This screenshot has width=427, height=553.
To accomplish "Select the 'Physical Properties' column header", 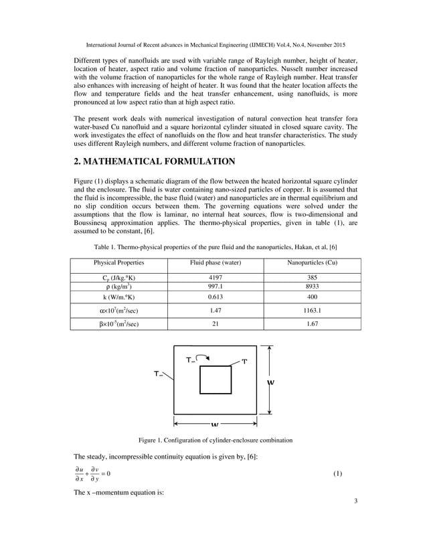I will (118, 262).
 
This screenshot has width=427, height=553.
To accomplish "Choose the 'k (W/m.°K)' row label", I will (118, 297).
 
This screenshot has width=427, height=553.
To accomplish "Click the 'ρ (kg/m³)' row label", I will (118, 287).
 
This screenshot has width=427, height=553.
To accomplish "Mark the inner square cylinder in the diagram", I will (216, 380).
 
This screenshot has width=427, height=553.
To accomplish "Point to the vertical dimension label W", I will (271, 384).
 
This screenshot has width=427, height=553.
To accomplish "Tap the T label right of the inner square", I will (244, 362).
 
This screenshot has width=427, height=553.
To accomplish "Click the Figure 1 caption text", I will (215, 440).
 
